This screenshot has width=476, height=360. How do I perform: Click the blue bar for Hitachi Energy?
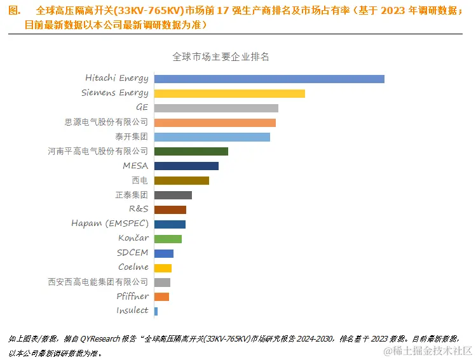point(269,79)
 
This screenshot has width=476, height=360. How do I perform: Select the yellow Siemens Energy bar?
point(229,93)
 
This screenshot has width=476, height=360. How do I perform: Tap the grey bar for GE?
point(216,108)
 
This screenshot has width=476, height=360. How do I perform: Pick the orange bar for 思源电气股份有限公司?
point(215,123)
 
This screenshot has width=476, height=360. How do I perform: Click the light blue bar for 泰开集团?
point(212,137)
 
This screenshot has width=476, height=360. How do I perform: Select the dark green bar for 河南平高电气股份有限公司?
point(191,152)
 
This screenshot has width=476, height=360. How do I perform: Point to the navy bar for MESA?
point(186,166)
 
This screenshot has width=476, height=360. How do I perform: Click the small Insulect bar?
point(156,311)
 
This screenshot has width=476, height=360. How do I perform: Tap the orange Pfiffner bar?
point(161,297)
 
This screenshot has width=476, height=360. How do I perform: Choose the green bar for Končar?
point(168,239)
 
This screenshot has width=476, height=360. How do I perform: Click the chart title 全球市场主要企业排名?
point(221,57)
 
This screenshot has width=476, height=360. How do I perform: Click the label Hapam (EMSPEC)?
point(110,223)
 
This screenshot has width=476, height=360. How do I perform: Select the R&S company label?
point(138,209)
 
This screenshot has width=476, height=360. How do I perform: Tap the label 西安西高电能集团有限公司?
point(98,281)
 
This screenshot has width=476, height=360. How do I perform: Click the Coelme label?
point(133,267)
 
